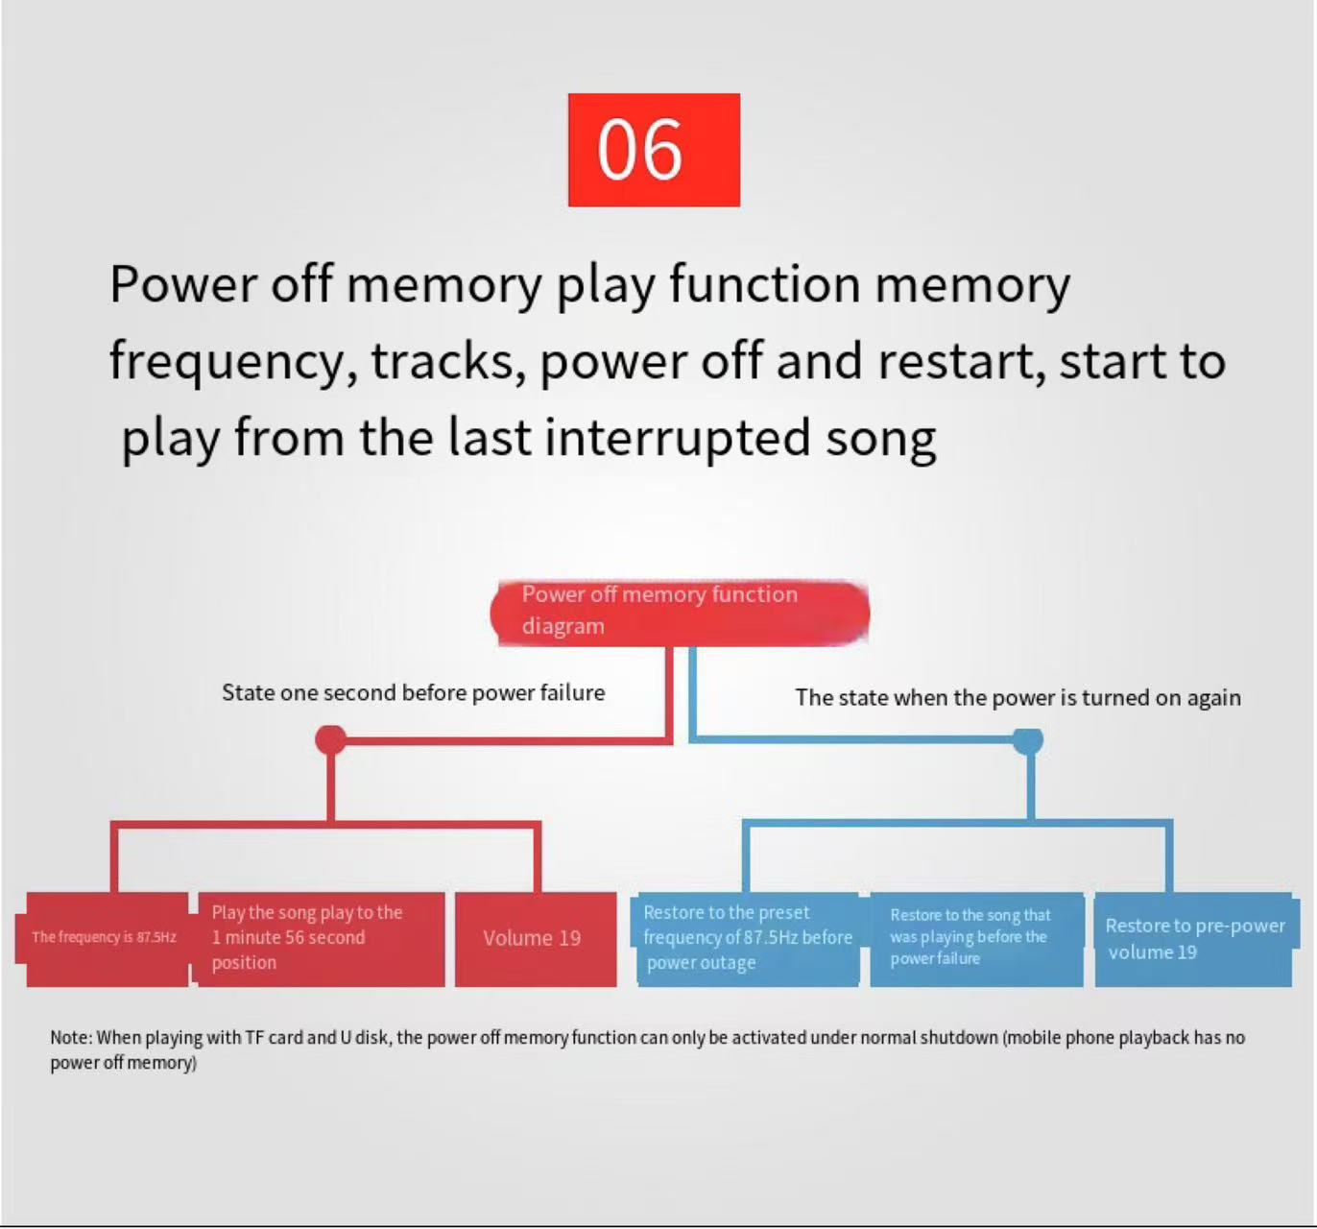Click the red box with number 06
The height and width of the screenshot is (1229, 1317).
(x=654, y=150)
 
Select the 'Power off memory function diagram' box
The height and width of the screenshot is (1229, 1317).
(x=680, y=614)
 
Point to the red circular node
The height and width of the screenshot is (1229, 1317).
(x=331, y=740)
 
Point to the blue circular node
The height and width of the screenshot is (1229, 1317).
(x=1028, y=741)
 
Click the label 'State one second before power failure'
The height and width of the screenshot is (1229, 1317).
(x=413, y=693)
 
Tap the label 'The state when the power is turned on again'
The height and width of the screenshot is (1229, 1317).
(x=1018, y=698)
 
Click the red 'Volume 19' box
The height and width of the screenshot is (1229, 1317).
(x=536, y=939)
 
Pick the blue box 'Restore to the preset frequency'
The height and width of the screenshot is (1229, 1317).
(x=748, y=939)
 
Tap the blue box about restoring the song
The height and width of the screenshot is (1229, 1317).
(x=977, y=939)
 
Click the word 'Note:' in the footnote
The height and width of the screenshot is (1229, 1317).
(x=72, y=1038)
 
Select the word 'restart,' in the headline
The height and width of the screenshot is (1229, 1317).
(x=961, y=361)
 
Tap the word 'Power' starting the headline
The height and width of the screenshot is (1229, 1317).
(x=183, y=285)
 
